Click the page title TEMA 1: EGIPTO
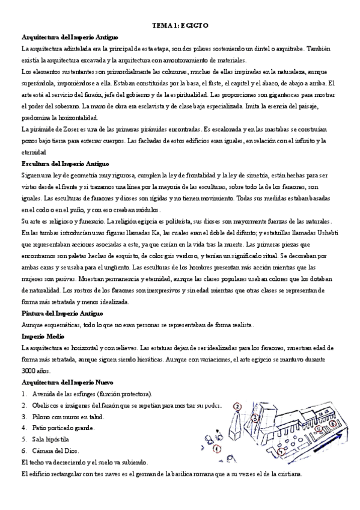coord(180,27)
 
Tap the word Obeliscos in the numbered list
coord(47,404)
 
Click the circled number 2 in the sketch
coord(237,407)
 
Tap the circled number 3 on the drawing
coord(256,417)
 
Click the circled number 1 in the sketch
coord(217,449)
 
